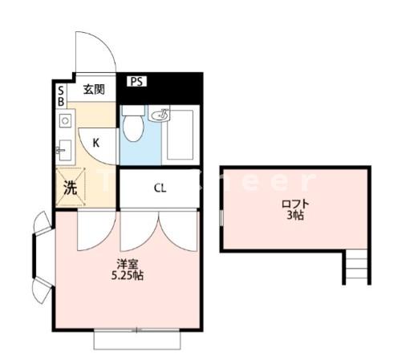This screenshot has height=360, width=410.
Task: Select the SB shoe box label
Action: click(61, 96)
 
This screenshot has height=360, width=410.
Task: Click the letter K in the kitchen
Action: click(95, 144)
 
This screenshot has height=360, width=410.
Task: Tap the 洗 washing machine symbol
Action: click(71, 189)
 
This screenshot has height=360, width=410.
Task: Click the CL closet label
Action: click(160, 189)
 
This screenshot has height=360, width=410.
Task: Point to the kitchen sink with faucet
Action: click(65, 148)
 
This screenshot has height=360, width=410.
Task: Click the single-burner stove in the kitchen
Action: click(65, 121)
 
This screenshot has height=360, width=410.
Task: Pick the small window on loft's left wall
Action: click(220, 217)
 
